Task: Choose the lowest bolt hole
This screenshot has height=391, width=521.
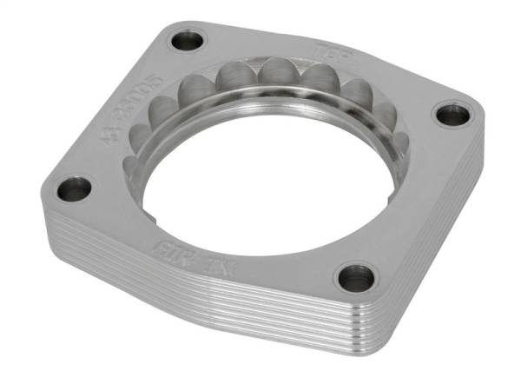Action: [x=355, y=277]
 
